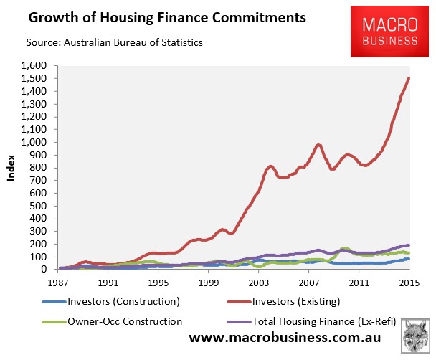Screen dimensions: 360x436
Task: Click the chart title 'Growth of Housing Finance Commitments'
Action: pyautogui.click(x=154, y=16)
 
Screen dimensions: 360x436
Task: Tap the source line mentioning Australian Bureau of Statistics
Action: pyautogui.click(x=115, y=43)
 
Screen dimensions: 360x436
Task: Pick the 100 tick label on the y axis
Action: pyautogui.click(x=42, y=257)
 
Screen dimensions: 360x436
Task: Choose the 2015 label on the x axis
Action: pyautogui.click(x=409, y=283)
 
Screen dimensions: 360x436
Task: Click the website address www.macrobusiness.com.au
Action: pyautogui.click(x=290, y=338)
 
